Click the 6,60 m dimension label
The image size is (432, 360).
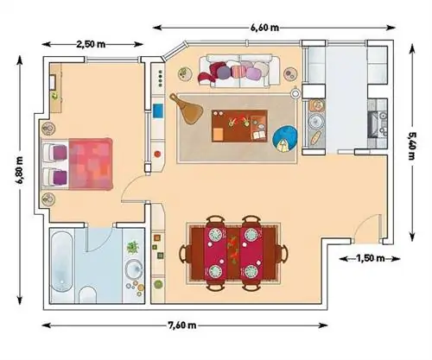pyautogui.click(x=265, y=28)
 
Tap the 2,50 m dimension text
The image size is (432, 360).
pyautogui.click(x=91, y=44)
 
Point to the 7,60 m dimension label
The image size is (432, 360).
pyautogui.click(x=181, y=325)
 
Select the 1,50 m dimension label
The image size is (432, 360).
pyautogui.click(x=371, y=258)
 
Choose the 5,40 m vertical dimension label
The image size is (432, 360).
pyautogui.click(x=412, y=146)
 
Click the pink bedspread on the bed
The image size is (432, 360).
pyautogui.click(x=90, y=164)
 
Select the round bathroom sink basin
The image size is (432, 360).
pyautogui.click(x=133, y=269)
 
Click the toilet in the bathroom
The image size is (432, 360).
pyautogui.click(x=87, y=294)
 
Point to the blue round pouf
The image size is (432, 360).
pyautogui.click(x=284, y=139)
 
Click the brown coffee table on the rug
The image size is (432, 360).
pyautogui.click(x=239, y=126)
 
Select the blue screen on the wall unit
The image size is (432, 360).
pyautogui.click(x=158, y=111)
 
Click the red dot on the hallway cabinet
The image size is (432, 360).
pyautogui.click(x=157, y=154)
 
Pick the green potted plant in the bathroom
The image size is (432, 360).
pyautogui.click(x=133, y=247)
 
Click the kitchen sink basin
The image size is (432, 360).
pyautogui.click(x=314, y=122)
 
